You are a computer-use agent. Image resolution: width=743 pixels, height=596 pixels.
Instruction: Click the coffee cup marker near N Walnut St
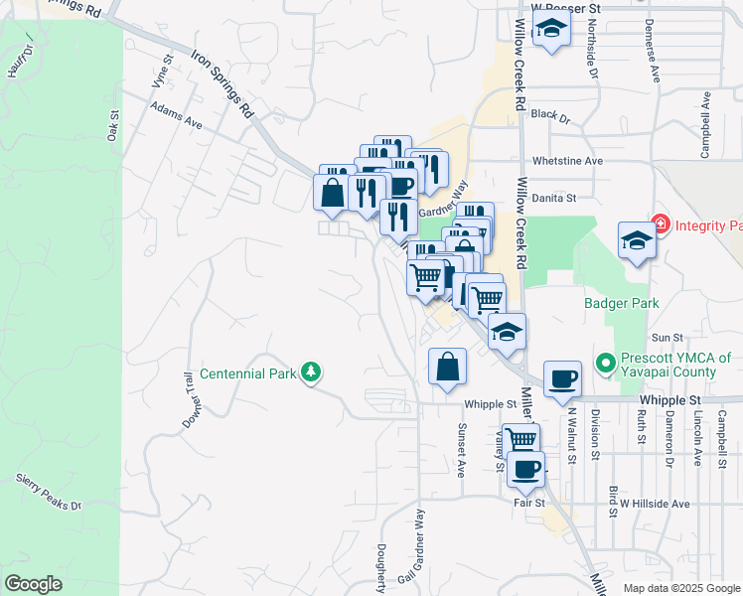click(x=562, y=378)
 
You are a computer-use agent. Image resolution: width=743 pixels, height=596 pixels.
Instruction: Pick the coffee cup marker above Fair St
click(x=525, y=468)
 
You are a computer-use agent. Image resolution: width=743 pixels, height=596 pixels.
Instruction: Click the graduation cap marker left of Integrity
click(x=636, y=240)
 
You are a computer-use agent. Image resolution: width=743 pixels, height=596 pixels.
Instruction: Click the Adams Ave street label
click(x=176, y=116)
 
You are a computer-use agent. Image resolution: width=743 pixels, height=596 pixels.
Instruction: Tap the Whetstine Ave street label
click(x=567, y=160)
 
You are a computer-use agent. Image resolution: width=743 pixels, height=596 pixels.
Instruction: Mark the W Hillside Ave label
click(x=649, y=504)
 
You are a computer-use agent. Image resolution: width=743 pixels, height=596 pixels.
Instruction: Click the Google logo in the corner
click(x=32, y=583)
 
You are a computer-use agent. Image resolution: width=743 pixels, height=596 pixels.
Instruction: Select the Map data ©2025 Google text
click(x=675, y=588)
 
